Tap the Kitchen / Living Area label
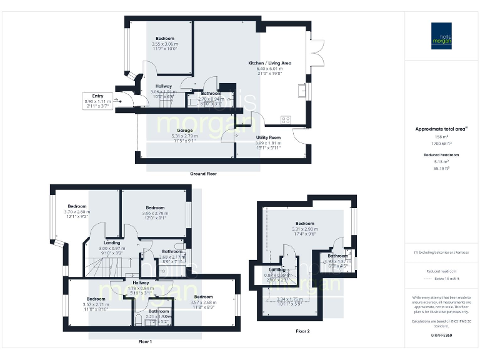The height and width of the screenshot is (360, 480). [x=269, y=63]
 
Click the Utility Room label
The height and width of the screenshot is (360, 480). [x=268, y=137]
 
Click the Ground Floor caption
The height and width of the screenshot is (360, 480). [x=203, y=173]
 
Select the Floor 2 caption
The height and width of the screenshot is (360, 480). [x=302, y=330]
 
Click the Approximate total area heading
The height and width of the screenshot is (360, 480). [x=441, y=129]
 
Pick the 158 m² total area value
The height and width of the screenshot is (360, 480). [x=441, y=136]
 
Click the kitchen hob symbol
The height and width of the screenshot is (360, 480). [x=286, y=119]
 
